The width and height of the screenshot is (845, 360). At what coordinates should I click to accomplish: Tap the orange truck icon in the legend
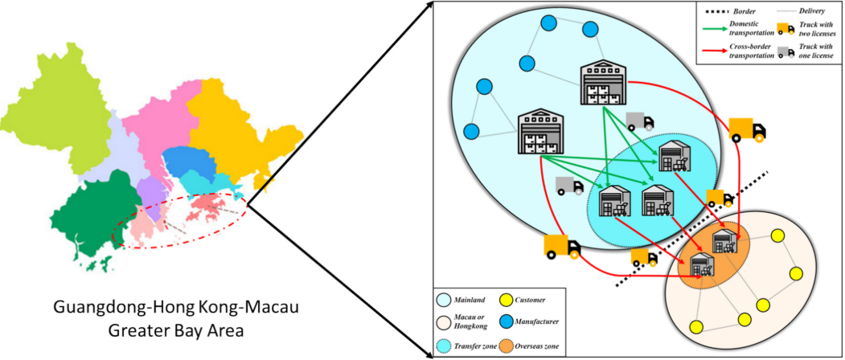[x=786, y=30]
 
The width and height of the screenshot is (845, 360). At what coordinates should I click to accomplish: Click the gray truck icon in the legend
[x=786, y=51]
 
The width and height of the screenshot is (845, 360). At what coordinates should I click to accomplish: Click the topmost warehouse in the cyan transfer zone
[x=673, y=157]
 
